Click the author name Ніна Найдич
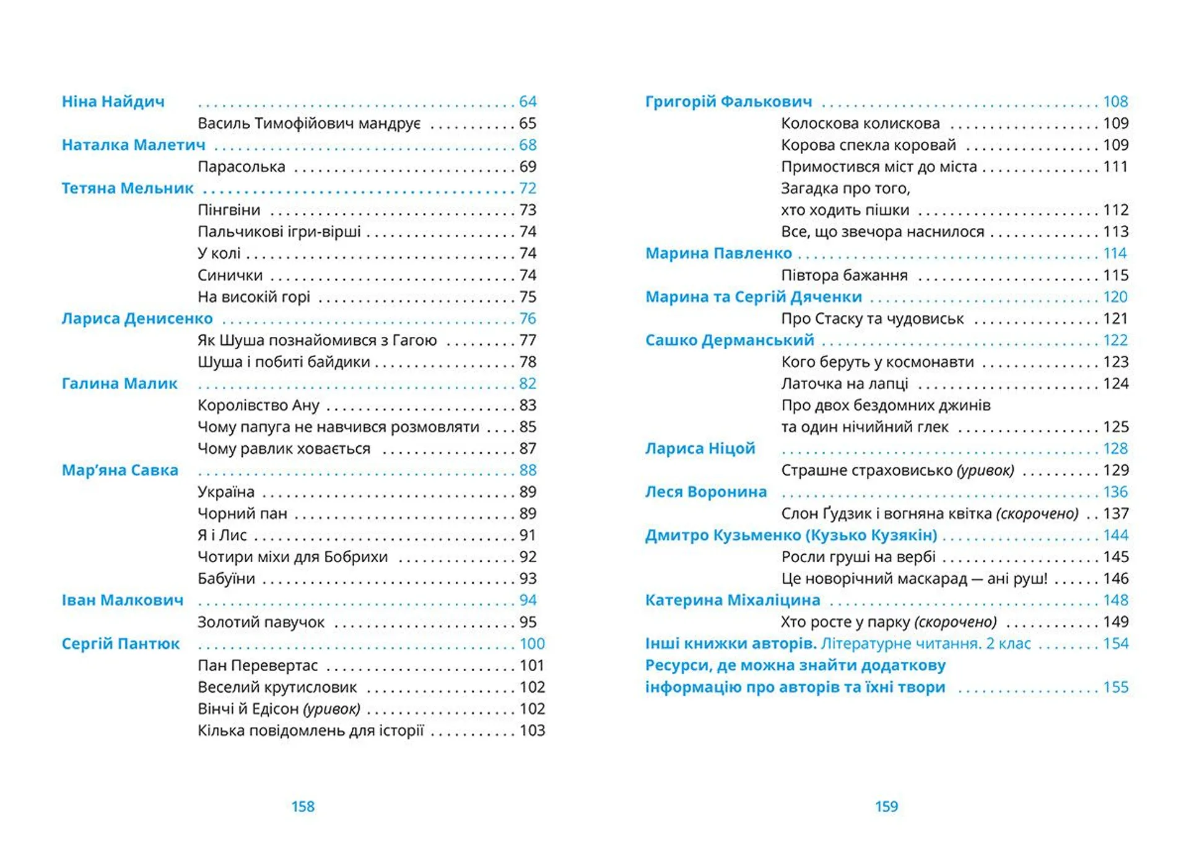[113, 102]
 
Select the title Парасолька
[241, 167]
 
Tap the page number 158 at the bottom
[303, 806]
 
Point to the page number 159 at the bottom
[886, 806]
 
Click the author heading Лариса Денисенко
[137, 318]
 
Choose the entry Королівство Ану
[258, 405]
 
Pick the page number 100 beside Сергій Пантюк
[532, 644]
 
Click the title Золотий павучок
[261, 622]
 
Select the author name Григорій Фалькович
[728, 102]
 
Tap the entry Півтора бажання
[844, 275]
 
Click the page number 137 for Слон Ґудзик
[1115, 513]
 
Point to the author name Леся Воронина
[706, 492]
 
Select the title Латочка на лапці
[844, 383]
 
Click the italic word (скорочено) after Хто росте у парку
[956, 622]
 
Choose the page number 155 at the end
[1115, 687]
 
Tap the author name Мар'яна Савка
[120, 470]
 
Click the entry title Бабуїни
[226, 578]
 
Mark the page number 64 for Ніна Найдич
[528, 102]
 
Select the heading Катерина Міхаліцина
[733, 600]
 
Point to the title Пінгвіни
[229, 210]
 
